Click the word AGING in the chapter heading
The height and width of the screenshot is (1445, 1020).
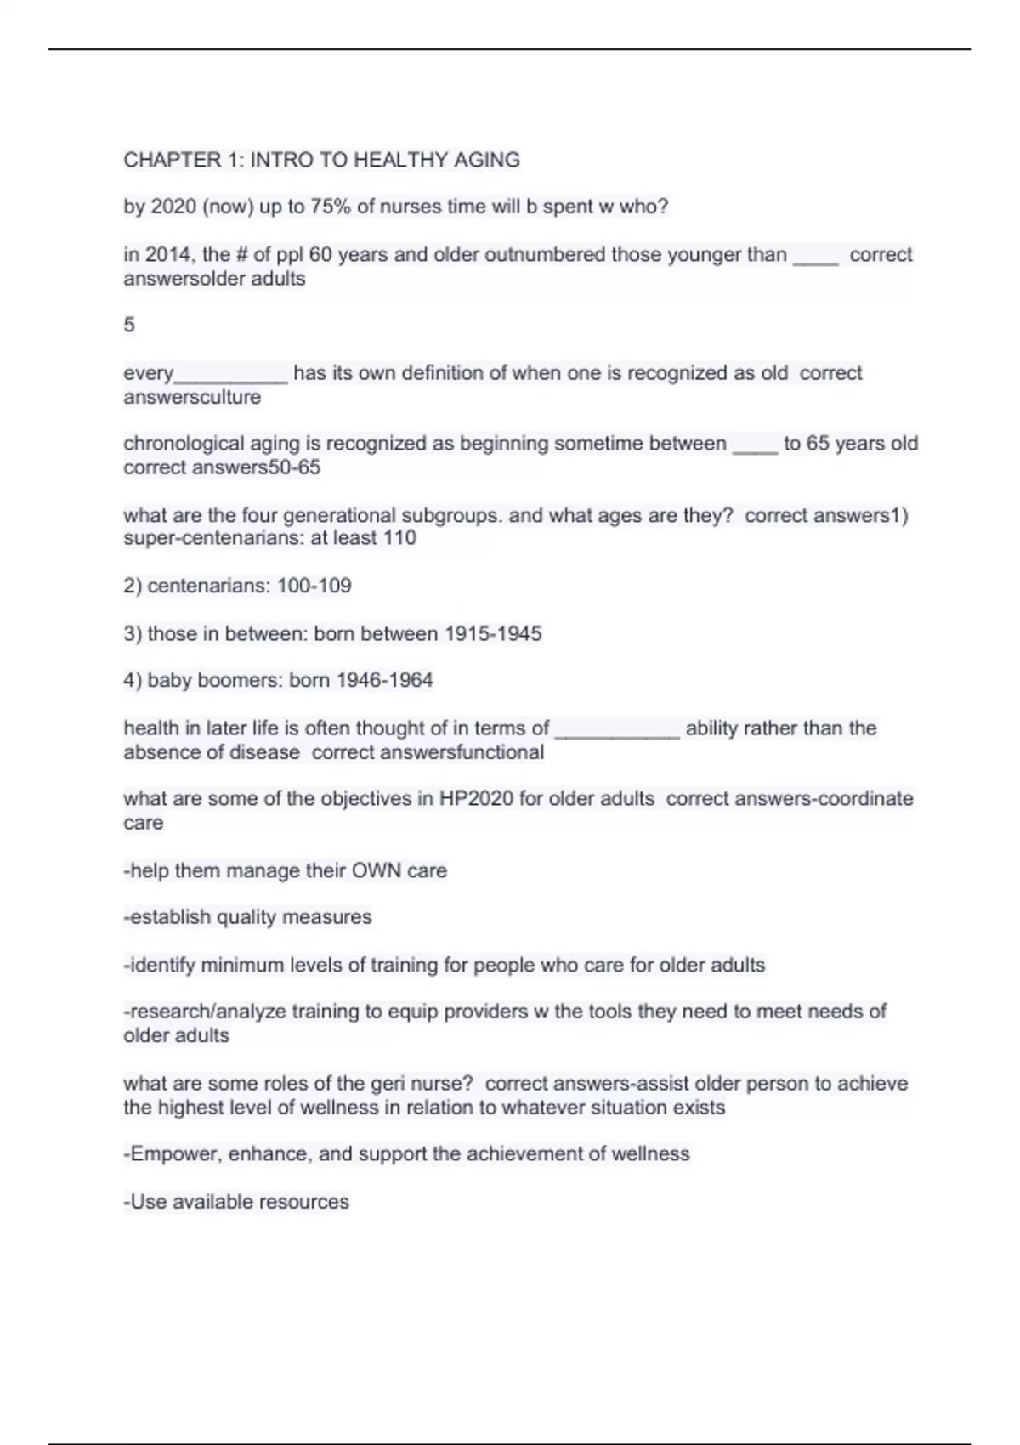coord(487,160)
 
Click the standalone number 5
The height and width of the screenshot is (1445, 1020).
coord(129,325)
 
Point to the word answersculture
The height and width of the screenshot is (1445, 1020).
coord(192,397)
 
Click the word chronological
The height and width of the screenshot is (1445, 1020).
coord(179,444)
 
